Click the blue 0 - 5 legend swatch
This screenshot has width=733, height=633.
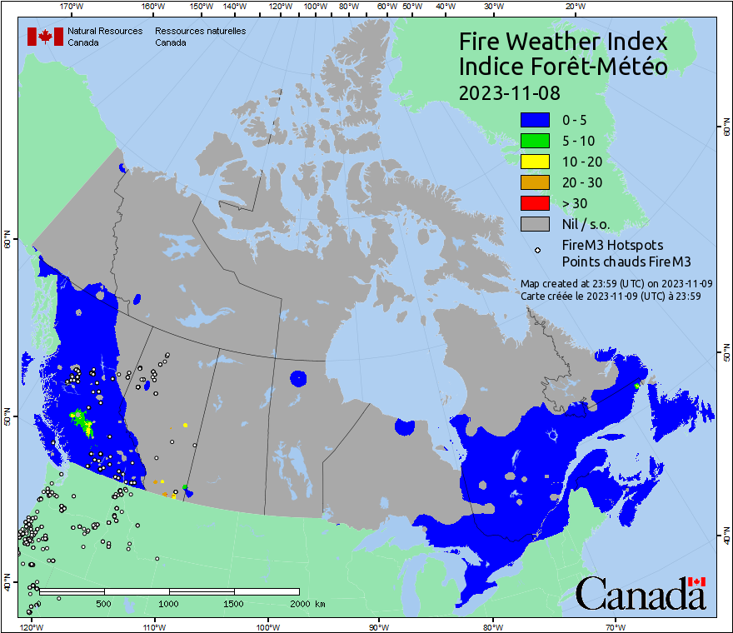[535, 120]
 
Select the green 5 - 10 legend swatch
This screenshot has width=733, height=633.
[535, 141]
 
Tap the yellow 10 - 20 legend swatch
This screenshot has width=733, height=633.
[535, 162]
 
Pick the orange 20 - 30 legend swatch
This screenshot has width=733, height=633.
[535, 182]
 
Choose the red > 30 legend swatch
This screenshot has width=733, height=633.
[535, 203]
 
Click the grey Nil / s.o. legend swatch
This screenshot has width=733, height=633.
[535, 224]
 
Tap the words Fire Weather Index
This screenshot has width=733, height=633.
[563, 42]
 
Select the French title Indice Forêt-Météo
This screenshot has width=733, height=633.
[563, 67]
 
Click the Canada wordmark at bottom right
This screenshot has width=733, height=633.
[641, 593]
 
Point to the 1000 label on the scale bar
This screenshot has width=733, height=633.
[169, 604]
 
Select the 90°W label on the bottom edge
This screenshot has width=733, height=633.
[379, 626]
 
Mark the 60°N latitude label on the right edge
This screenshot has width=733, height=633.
[726, 128]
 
